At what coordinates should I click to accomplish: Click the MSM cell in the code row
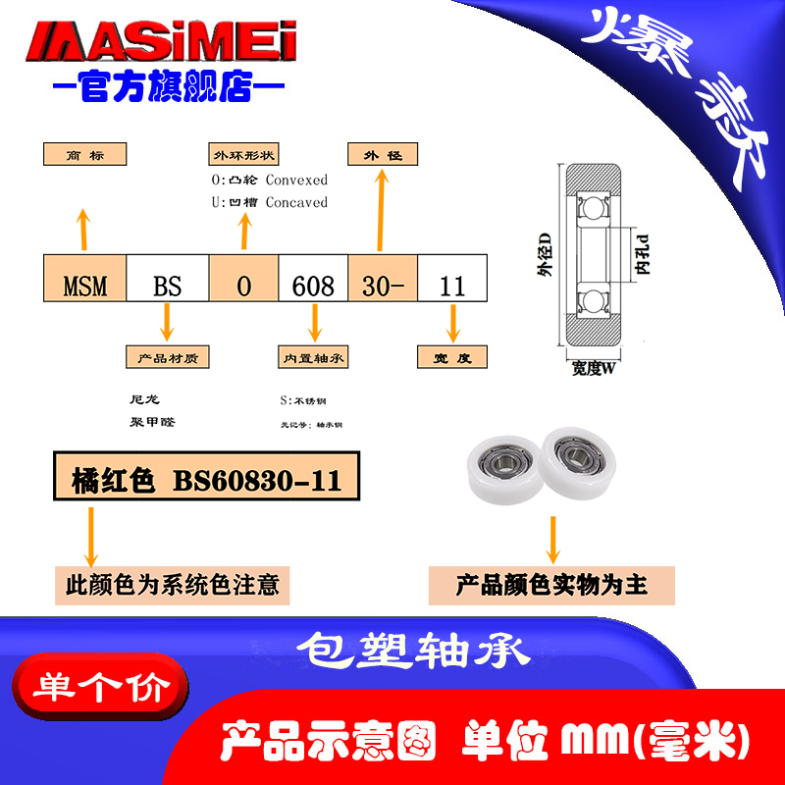pyautogui.click(x=85, y=286)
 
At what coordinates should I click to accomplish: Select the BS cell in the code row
pyautogui.click(x=168, y=286)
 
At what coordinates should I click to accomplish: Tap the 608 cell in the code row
pyautogui.click(x=314, y=286)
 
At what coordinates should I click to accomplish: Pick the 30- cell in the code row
pyautogui.click(x=384, y=286)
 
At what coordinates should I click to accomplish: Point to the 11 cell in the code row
pyautogui.click(x=452, y=286)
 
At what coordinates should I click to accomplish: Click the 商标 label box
pyautogui.click(x=86, y=155)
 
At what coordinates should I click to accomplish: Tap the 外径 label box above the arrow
pyautogui.click(x=383, y=155)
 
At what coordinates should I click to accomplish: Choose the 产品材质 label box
pyautogui.click(x=168, y=358)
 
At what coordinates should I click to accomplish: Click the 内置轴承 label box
pyautogui.click(x=315, y=358)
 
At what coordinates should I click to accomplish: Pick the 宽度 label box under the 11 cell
pyautogui.click(x=452, y=358)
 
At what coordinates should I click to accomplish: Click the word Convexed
pyautogui.click(x=296, y=181)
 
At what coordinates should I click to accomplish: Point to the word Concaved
pyautogui.click(x=296, y=202)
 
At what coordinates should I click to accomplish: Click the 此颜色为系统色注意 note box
pyautogui.click(x=172, y=586)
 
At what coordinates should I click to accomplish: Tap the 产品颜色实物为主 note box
pyautogui.click(x=552, y=586)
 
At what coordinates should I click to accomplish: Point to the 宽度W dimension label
pyautogui.click(x=593, y=369)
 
